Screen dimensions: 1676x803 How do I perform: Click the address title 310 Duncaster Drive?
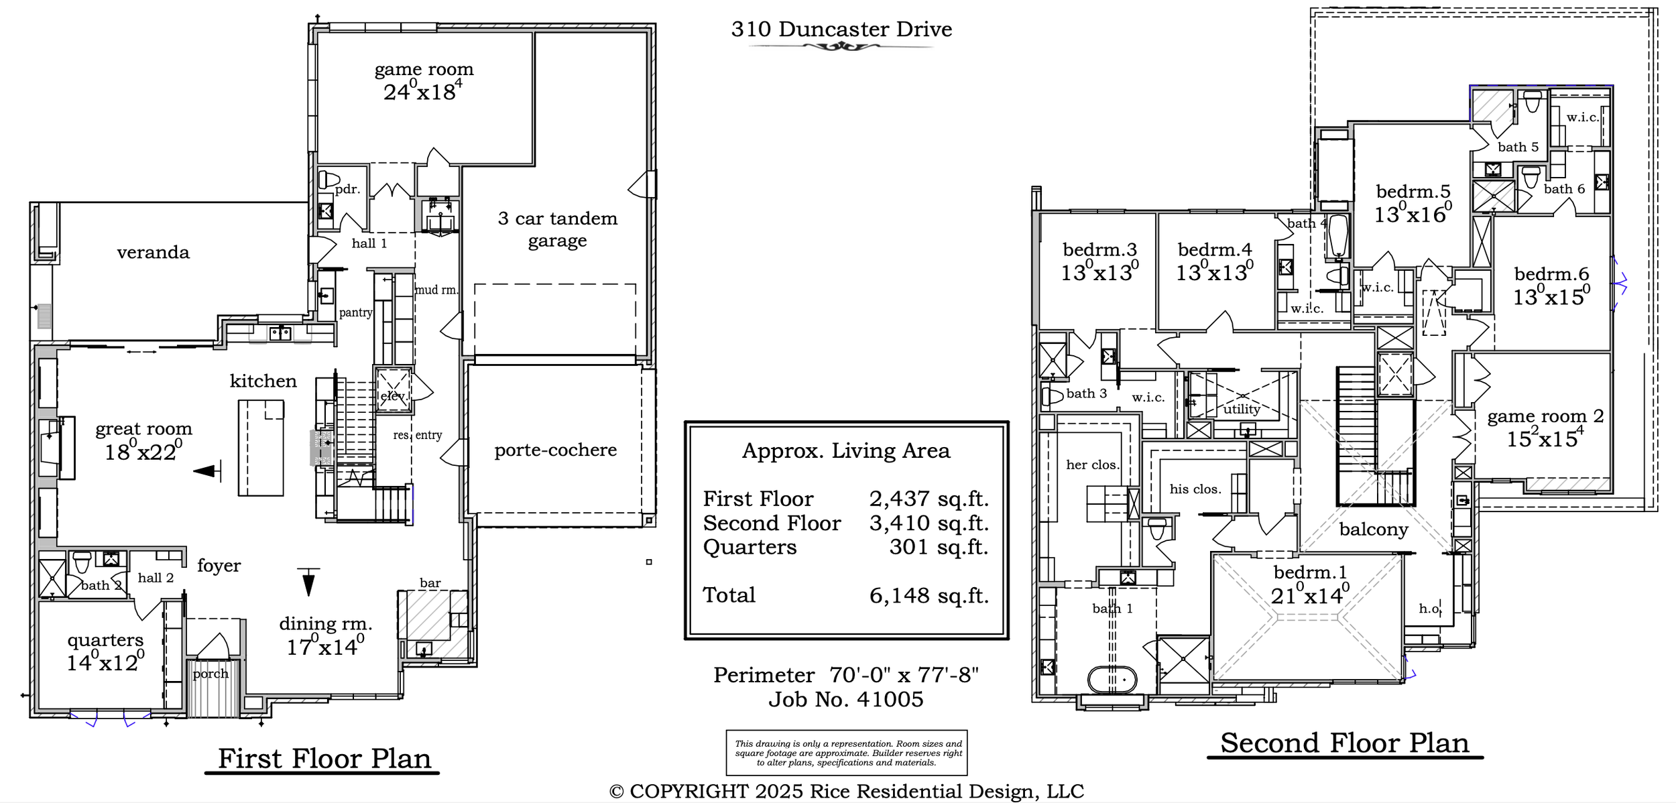coord(841,29)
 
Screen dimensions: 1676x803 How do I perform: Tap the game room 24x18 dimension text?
coord(422,91)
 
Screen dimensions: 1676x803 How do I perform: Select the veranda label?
coord(153,253)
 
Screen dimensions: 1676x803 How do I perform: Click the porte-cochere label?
coord(556,450)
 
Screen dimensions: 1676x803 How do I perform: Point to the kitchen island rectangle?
coord(261,448)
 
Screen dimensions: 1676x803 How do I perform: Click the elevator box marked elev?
coord(394,391)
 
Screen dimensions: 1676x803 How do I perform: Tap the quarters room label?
coord(105,640)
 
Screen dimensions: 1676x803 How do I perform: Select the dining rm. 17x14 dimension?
coord(325,647)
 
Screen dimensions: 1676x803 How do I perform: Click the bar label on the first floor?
coord(430,583)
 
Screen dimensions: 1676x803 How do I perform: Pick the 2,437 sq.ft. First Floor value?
coord(929,499)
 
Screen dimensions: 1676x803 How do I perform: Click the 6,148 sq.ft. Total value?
coord(929,595)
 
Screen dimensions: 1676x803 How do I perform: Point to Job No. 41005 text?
coord(846,700)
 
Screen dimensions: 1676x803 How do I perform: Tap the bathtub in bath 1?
coord(1112,680)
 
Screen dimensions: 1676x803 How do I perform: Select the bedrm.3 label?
coord(1100,250)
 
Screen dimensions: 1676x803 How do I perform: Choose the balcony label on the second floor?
coord(1374,530)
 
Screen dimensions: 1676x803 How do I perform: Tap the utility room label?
coord(1242,409)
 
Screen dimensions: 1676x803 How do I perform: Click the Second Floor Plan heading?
coord(1345,743)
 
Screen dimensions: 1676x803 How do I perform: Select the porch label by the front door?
coord(211,674)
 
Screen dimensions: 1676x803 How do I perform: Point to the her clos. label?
coord(1093,465)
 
